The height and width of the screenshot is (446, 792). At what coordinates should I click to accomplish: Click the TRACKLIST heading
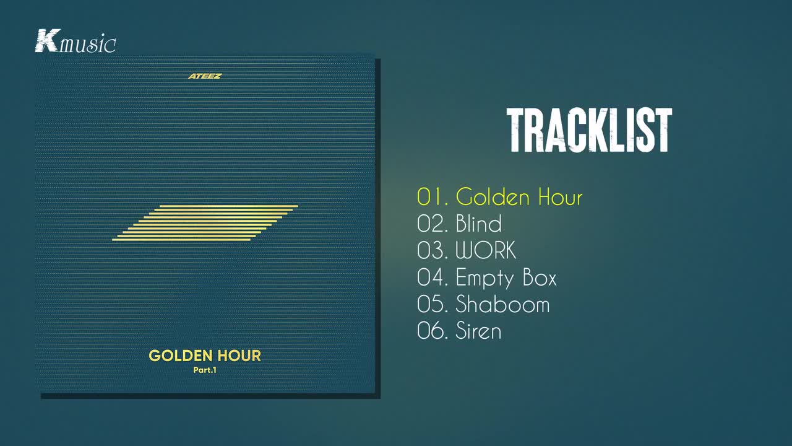point(589,131)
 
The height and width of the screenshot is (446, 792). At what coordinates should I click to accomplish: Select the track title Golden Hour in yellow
point(519,197)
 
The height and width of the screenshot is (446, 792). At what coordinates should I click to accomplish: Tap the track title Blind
point(478,224)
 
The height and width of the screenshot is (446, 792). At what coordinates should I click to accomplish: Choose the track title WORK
point(486,250)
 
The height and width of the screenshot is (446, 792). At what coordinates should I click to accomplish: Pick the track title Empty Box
point(506,278)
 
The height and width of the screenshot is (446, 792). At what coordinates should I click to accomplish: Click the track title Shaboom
point(502,304)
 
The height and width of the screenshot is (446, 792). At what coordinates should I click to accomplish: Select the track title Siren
point(478,331)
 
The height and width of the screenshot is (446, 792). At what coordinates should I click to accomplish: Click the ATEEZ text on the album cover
point(205,76)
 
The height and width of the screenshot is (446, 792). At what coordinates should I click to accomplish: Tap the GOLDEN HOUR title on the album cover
point(205,356)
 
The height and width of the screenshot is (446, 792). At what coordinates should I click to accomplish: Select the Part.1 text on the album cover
point(205,370)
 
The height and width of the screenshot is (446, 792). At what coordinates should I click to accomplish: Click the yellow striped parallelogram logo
point(205,223)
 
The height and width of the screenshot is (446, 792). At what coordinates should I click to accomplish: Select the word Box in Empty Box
point(540,278)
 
